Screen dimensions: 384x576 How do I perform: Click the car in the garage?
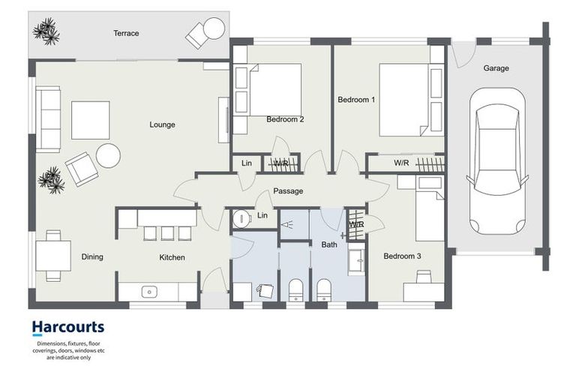tap(496, 160)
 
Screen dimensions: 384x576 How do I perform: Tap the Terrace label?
tap(126, 34)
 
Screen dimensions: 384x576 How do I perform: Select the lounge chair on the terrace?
tap(205, 32)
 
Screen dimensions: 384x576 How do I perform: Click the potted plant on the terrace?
tap(46, 31)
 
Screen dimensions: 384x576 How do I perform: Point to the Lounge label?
tap(162, 124)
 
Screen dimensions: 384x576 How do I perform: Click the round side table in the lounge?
tap(108, 155)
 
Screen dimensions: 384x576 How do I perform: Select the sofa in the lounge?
tap(49, 119)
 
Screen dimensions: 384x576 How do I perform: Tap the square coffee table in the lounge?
tap(90, 120)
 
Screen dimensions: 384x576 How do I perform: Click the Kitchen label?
tap(172, 257)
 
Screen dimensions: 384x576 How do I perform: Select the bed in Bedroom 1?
tap(409, 99)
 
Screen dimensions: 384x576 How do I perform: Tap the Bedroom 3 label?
tap(402, 256)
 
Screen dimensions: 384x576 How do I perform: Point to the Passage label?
tap(288, 191)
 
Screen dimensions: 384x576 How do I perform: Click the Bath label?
tap(329, 244)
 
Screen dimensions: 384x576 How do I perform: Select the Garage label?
tap(496, 68)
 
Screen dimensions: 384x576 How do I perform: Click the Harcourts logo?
tap(67, 327)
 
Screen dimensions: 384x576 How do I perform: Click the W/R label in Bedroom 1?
tap(401, 163)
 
